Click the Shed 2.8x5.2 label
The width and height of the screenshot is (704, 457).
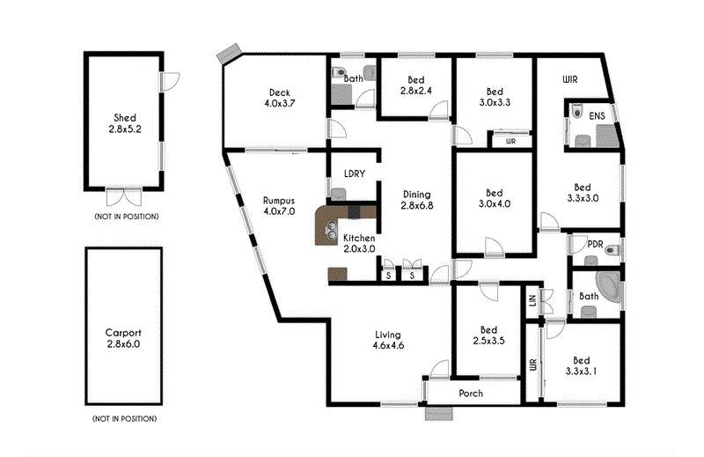pyautogui.click(x=124, y=123)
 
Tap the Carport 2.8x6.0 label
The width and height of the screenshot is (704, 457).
pyautogui.click(x=123, y=338)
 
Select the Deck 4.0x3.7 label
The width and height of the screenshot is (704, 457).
pyautogui.click(x=279, y=98)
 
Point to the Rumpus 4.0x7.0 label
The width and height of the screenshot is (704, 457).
pyautogui.click(x=279, y=206)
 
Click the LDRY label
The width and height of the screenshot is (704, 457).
pyautogui.click(x=355, y=173)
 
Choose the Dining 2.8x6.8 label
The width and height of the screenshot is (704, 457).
pyautogui.click(x=416, y=200)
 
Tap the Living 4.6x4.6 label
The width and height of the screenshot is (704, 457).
pyautogui.click(x=388, y=340)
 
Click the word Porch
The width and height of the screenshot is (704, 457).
pyautogui.click(x=471, y=394)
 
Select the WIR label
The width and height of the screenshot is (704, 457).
pyautogui.click(x=569, y=79)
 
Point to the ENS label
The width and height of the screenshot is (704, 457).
pyautogui.click(x=597, y=116)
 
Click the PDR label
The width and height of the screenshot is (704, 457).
pyautogui.click(x=595, y=245)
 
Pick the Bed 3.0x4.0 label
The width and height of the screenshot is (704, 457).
pyautogui.click(x=494, y=198)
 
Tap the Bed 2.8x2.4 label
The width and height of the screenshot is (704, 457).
pyautogui.click(x=415, y=85)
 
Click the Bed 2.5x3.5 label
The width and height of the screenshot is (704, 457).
pyautogui.click(x=488, y=335)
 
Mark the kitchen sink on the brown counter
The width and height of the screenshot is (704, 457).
pyautogui.click(x=332, y=230)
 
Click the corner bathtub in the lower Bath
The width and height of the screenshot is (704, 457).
pyautogui.click(x=608, y=286)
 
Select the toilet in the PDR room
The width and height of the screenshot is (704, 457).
pyautogui.click(x=612, y=250)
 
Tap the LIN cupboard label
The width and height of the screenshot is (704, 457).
pyautogui.click(x=533, y=299)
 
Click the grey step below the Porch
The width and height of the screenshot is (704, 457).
pyautogui.click(x=439, y=413)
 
